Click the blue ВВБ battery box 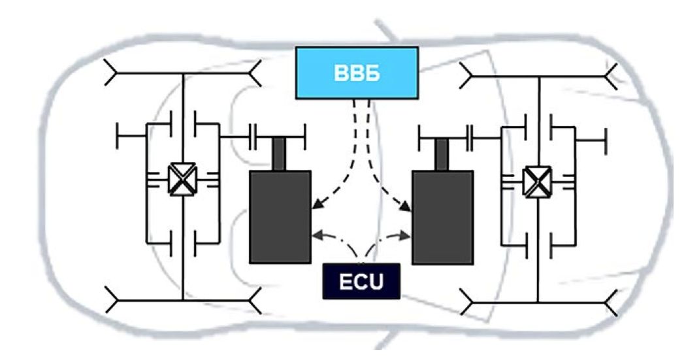357,73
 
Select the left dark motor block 280,216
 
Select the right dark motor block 442,216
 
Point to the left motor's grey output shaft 281,154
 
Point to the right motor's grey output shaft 442,154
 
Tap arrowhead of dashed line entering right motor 409,209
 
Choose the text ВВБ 357,73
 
